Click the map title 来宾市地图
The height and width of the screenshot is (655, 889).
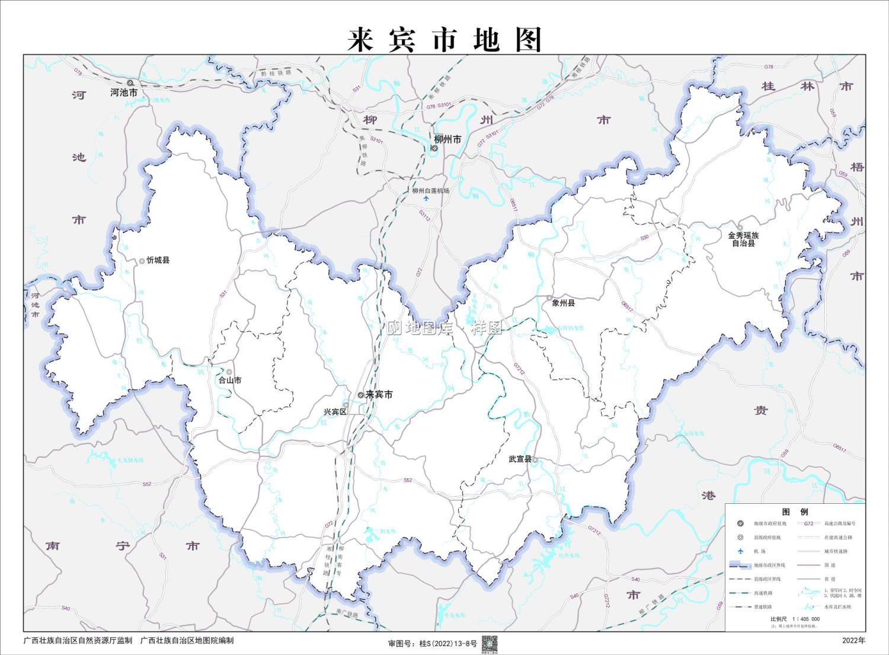pos(444,40)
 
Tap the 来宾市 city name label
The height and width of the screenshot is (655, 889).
pos(379,394)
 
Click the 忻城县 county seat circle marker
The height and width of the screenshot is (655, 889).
pos(142,261)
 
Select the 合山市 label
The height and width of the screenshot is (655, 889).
pos(230,381)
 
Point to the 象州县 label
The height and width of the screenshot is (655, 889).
pos(563,303)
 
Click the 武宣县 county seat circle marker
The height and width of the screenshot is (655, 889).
pos(535,459)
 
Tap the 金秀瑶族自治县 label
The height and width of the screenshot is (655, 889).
pos(743,239)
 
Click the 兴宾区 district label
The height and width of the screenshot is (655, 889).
pos(335,411)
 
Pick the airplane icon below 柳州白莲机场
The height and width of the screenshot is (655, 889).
pos(426,199)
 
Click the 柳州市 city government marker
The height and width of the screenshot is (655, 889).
pos(434,148)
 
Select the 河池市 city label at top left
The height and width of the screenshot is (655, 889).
pos(124,92)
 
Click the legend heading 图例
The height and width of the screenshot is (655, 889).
pos(795,512)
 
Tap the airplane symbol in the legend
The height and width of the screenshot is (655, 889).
pos(740,551)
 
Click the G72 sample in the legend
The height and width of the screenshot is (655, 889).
pos(808,523)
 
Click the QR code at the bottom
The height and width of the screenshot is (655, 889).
pos(490,644)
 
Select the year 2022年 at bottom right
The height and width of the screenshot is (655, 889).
pos(853,640)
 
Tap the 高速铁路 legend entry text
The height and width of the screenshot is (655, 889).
pos(763,593)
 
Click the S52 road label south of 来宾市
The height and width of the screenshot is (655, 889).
pos(408,480)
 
